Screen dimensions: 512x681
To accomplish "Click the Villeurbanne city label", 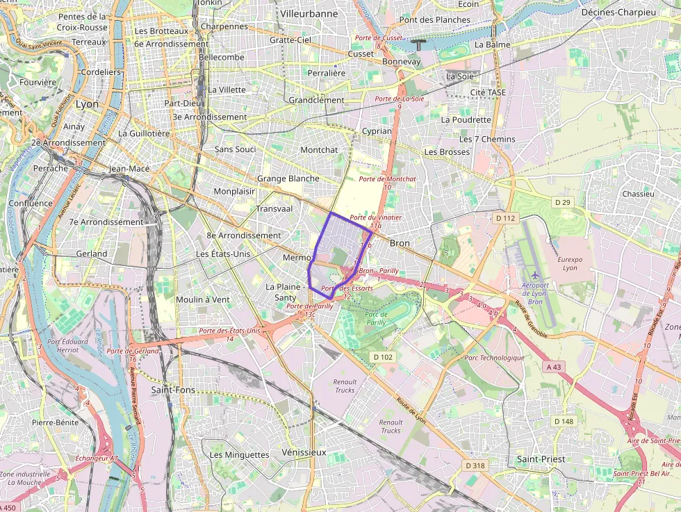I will (309, 13).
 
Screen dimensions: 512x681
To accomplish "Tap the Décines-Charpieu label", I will (618, 13).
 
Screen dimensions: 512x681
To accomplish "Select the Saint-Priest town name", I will (541, 459).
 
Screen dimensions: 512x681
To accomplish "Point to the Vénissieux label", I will (304, 452).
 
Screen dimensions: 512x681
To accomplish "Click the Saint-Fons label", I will (173, 390).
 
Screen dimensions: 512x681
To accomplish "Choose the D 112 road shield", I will (505, 218).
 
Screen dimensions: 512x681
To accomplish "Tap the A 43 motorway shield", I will (554, 366).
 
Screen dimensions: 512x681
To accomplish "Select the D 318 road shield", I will (475, 465).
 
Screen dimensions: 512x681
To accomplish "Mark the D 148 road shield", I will (564, 422).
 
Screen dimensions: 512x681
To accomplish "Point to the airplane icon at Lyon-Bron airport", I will (534, 275).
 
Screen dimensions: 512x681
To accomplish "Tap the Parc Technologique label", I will (494, 358).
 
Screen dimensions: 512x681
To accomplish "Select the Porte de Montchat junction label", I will (387, 179).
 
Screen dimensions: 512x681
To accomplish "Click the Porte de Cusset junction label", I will (378, 38).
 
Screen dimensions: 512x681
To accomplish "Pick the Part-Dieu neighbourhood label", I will (182, 103).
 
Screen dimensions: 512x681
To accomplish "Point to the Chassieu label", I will (638, 194).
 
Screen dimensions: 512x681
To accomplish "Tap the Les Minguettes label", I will (239, 454).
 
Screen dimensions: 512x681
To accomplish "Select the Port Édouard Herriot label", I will (68, 345).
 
